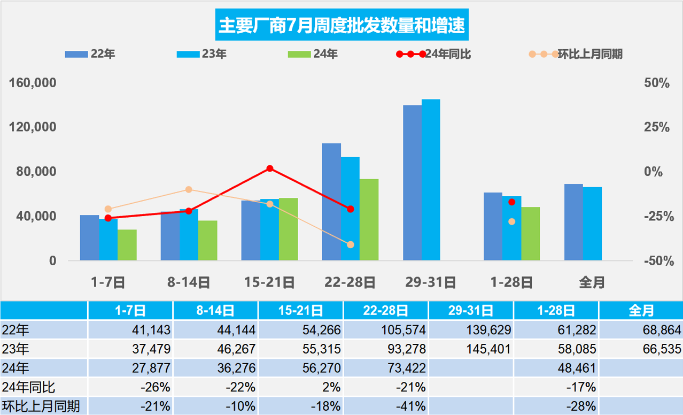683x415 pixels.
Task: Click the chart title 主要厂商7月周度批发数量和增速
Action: pyautogui.click(x=342, y=25)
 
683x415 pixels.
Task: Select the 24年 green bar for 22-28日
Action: pyautogui.click(x=369, y=220)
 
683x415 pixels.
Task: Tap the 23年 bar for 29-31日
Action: pyautogui.click(x=431, y=180)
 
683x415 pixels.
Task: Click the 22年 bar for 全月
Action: pyautogui.click(x=573, y=222)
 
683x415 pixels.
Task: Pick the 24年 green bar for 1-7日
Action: pyautogui.click(x=127, y=245)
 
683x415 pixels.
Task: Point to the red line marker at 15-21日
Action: pyautogui.click(x=270, y=168)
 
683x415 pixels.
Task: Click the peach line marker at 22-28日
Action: pyautogui.click(x=351, y=245)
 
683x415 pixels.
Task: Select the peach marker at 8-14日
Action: pyautogui.click(x=189, y=189)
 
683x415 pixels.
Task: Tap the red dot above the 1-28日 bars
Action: pyautogui.click(x=511, y=202)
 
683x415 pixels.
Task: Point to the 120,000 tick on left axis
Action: pyautogui.click(x=33, y=127)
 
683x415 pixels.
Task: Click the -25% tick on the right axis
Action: pyautogui.click(x=656, y=216)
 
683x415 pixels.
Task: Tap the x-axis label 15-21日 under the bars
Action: pyautogui.click(x=269, y=282)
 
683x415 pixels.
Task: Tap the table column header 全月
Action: pyautogui.click(x=641, y=310)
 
